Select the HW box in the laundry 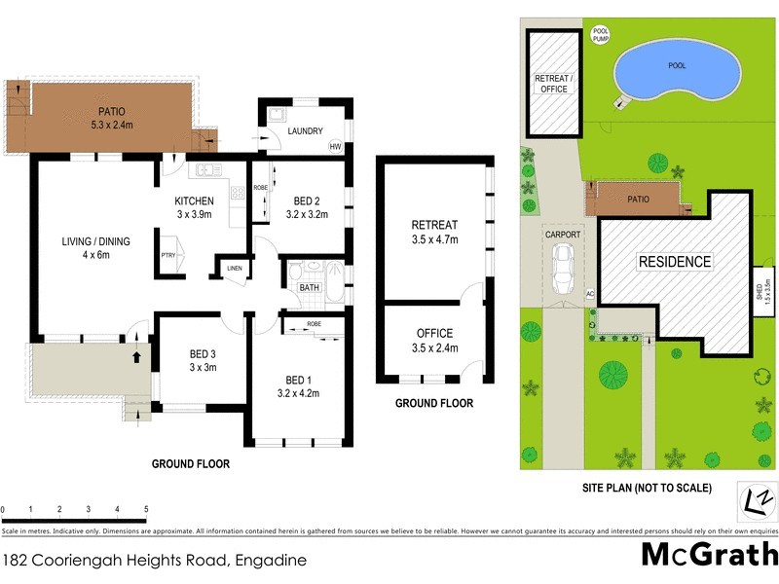tap(336, 147)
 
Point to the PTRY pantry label tap(168, 256)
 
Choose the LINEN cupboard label tap(234, 268)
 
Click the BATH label tap(310, 287)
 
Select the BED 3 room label tap(202, 360)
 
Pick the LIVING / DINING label tap(96, 248)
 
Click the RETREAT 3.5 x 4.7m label tap(434, 233)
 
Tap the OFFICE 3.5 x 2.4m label tap(434, 341)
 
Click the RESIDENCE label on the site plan tap(674, 262)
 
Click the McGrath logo tap(709, 555)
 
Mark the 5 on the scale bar tap(145, 509)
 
